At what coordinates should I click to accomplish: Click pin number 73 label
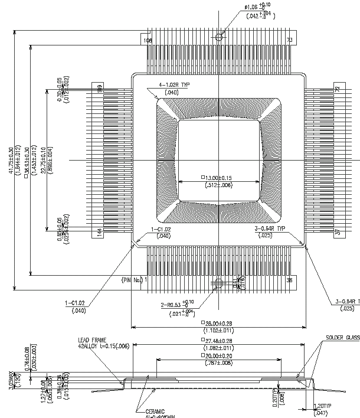coord(289,40)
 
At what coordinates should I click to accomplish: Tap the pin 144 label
coord(100,233)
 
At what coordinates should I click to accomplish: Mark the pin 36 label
coord(289,280)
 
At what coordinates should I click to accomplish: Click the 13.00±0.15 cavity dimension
coord(219,177)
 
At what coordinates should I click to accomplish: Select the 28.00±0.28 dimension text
coord(219,324)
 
